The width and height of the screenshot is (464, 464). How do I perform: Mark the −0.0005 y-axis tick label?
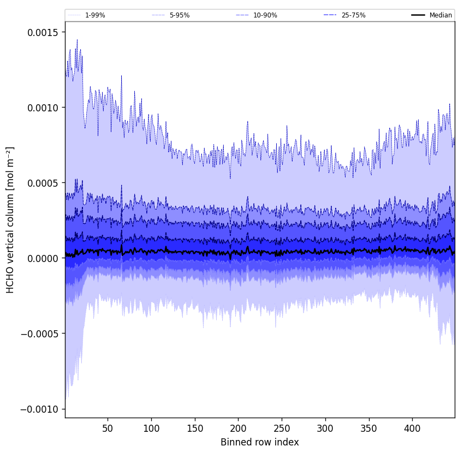pos(40,334)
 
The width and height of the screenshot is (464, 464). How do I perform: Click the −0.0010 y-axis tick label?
pos(40,409)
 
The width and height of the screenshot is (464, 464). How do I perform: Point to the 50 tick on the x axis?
pos(108,429)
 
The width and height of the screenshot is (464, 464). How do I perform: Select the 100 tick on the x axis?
pos(151,429)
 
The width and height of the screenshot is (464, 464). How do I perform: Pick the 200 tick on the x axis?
pos(238,429)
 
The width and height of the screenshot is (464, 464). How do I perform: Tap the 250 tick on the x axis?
pos(282,429)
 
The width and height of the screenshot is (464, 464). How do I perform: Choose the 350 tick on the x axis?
pos(368,429)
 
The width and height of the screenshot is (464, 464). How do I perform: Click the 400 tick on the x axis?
pos(412,429)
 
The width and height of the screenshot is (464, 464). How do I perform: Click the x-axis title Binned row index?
pos(260,442)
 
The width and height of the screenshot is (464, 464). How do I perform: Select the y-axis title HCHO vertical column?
pos(10,219)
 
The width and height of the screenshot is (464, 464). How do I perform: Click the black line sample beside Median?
pos(418,15)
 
